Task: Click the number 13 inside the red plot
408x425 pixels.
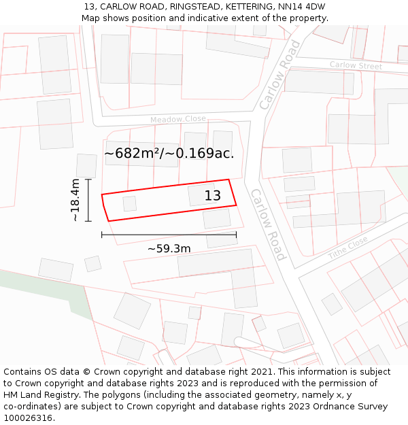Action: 213,196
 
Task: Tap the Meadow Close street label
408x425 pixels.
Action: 178,120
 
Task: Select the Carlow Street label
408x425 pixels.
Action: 356,65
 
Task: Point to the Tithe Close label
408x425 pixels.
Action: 347,248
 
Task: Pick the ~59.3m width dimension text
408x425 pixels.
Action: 169,249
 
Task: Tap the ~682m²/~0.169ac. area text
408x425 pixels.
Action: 169,154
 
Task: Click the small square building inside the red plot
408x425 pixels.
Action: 129,203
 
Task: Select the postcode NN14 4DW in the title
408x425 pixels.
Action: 306,7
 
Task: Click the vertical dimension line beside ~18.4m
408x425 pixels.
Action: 88,200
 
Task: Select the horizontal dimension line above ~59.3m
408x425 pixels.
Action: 169,235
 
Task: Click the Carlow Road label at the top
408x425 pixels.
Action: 279,75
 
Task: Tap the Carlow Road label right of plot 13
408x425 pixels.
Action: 268,224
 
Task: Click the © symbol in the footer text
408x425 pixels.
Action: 87,372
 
